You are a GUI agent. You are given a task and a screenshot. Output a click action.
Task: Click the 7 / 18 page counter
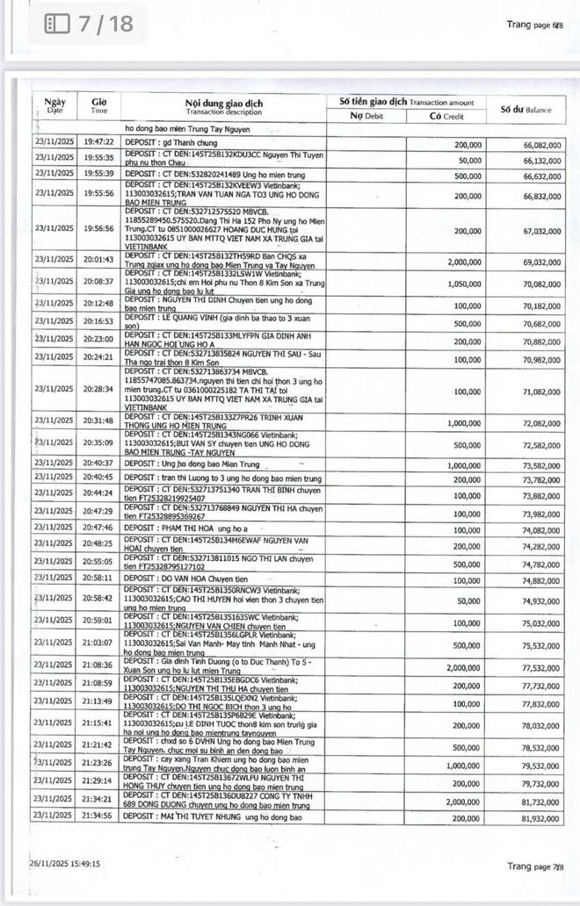(90, 23)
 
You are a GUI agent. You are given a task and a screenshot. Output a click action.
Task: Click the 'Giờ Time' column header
(99, 106)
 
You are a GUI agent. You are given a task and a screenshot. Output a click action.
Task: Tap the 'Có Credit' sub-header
(446, 116)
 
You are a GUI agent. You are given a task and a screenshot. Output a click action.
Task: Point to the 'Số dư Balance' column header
(526, 110)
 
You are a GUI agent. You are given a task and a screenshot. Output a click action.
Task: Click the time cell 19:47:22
(99, 142)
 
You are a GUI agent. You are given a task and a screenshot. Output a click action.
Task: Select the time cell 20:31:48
(99, 422)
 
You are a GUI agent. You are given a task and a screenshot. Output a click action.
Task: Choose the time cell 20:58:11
(99, 579)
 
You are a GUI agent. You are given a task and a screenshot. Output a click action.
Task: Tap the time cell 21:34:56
(99, 816)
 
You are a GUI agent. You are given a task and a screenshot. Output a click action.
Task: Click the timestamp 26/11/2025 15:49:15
(65, 864)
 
